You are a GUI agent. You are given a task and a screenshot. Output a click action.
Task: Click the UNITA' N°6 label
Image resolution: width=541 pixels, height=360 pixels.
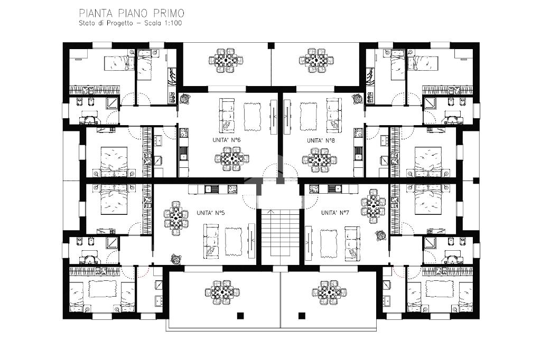coord(226,140)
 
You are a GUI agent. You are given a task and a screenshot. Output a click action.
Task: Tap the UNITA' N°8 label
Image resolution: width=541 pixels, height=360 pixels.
coord(321,140)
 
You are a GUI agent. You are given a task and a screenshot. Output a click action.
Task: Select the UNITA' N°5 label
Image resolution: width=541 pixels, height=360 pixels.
coord(210,213)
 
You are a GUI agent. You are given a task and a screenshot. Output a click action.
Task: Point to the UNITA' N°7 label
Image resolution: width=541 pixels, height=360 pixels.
coord(335,213)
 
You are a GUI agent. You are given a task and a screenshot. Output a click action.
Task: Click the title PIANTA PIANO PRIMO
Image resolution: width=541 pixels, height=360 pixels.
coord(132,13)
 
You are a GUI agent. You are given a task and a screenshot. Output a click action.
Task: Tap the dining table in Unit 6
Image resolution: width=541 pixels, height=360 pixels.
coord(232,159)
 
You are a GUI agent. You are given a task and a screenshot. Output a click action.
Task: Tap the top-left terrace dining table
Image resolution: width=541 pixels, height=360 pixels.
coord(226,60)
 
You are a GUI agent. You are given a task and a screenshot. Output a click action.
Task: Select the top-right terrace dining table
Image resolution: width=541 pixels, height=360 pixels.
coord(316,60)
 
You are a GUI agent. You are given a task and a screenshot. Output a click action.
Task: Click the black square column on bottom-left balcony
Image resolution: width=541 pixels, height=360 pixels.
coord(240,315)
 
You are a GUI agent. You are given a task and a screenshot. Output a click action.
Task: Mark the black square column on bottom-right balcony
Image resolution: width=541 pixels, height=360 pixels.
coord(302,315)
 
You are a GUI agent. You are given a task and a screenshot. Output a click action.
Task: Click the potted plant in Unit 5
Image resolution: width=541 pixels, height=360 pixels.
coord(175,259)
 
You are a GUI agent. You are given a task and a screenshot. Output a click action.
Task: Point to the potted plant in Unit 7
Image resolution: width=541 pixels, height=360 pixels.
coord(381,236)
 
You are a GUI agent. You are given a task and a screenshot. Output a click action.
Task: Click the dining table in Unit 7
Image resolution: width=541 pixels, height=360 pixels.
coord(374,206)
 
